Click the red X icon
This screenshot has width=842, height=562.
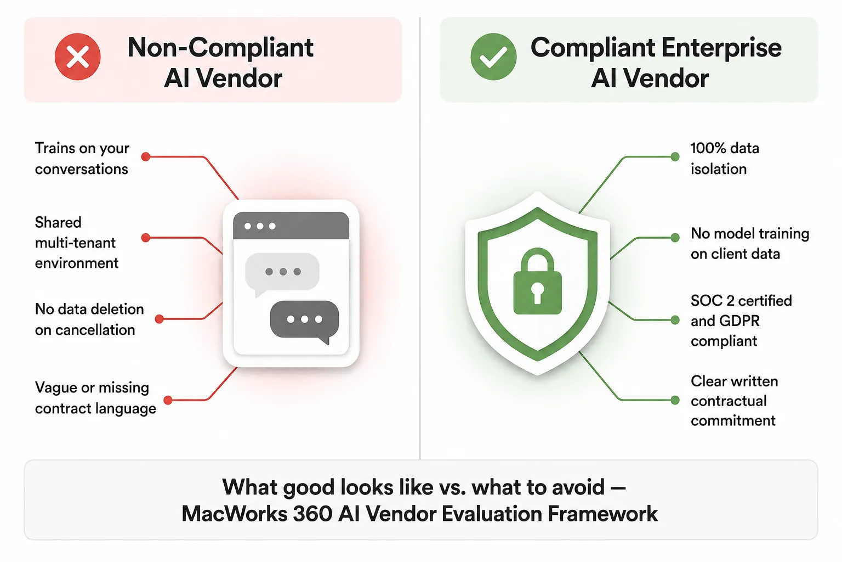[x=77, y=57]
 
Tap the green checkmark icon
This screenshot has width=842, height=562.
[x=493, y=57]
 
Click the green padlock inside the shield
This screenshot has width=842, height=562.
[x=538, y=281]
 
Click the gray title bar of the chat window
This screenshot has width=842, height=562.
[x=291, y=226]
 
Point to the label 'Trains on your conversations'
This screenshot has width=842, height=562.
[x=82, y=159]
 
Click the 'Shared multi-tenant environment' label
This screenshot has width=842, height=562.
[x=77, y=243]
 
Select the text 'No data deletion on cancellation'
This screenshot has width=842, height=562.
[x=89, y=319]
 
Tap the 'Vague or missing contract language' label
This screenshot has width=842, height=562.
[x=95, y=398]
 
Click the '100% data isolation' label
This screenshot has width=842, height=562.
[x=725, y=159]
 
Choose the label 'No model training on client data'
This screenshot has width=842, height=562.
[x=750, y=244]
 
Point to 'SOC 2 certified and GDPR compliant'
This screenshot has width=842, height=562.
[x=741, y=321]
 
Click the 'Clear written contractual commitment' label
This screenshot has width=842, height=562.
[x=734, y=401]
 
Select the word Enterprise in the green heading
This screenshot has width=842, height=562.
[x=721, y=48]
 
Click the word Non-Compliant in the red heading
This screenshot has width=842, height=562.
[x=220, y=48]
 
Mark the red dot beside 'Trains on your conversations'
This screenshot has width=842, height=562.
[x=146, y=156]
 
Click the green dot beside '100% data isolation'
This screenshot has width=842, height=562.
[x=675, y=156]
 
